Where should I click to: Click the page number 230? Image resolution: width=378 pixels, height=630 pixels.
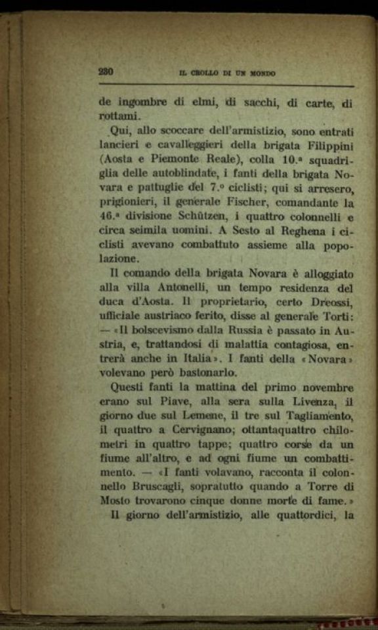(x=106, y=73)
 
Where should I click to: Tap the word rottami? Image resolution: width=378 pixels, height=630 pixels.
(x=116, y=116)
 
